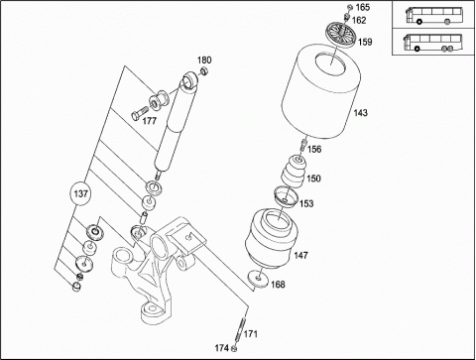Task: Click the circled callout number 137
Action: click(x=80, y=193)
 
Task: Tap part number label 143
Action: click(x=360, y=113)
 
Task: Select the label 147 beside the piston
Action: click(x=300, y=255)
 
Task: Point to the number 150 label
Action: click(x=313, y=179)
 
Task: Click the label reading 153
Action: click(x=306, y=203)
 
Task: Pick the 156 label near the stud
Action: click(x=314, y=150)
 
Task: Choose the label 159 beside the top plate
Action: click(x=365, y=42)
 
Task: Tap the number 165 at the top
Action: click(x=363, y=7)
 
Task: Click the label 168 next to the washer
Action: click(x=278, y=285)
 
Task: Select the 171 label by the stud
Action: click(x=251, y=334)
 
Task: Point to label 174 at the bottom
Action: click(x=222, y=348)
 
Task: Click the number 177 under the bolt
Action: click(x=149, y=121)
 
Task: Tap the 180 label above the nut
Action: click(x=204, y=60)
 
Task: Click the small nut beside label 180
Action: click(x=204, y=71)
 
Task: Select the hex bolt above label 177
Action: click(x=140, y=112)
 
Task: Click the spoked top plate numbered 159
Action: click(x=340, y=33)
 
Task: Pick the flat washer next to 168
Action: click(x=259, y=279)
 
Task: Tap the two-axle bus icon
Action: click(x=434, y=15)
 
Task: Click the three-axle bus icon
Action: click(x=432, y=43)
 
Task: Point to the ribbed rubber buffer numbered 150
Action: click(x=294, y=172)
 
